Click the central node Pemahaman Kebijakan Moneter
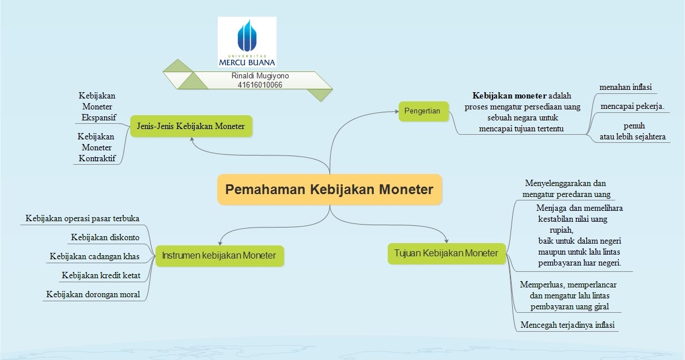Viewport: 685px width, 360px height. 329,190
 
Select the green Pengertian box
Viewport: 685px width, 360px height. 423,111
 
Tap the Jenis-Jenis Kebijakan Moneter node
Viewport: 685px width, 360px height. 191,126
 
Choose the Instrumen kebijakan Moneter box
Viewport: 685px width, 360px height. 219,255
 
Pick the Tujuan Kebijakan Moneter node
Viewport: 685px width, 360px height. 446,253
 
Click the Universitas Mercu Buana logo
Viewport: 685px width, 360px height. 247,42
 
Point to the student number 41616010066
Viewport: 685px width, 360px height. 260,85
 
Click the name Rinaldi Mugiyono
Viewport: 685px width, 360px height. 260,76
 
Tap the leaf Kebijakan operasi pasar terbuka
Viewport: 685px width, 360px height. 83,218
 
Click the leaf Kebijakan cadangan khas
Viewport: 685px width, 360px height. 94,256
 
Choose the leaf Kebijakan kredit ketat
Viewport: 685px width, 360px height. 101,275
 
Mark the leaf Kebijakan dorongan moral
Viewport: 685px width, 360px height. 93,294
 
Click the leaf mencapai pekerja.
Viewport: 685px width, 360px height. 632,107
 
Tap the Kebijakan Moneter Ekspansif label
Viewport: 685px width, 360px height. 97,107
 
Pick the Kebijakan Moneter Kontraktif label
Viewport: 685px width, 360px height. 96,147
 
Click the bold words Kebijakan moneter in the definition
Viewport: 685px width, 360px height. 509,96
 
